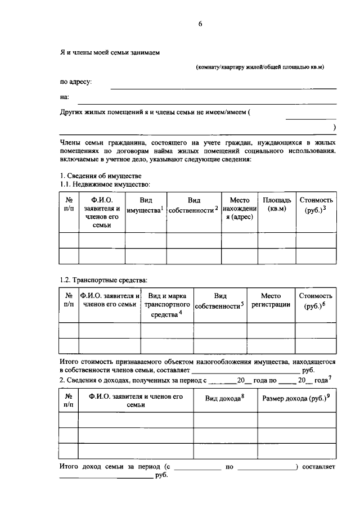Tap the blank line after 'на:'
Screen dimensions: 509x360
coord(206,103)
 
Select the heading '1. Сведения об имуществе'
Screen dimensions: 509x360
coord(96,176)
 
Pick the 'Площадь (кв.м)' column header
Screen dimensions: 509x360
coord(277,205)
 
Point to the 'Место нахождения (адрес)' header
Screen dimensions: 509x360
coord(240,209)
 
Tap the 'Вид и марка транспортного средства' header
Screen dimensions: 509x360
coord(167,305)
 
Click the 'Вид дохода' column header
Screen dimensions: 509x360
coord(226,399)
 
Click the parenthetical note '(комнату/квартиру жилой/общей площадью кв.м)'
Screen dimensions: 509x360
coord(260,67)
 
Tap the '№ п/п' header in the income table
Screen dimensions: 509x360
coord(69,400)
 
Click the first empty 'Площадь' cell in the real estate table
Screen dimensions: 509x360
coord(277,240)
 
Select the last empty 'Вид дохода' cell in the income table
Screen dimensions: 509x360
coord(226,451)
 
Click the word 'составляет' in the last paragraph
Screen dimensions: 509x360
coord(318,467)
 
